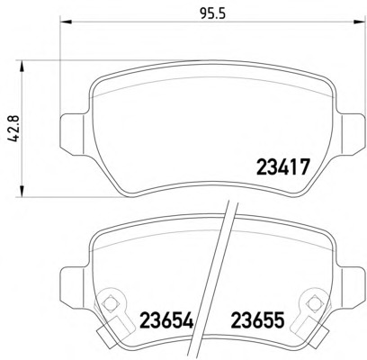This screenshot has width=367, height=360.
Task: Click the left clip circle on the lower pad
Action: [x=112, y=303]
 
